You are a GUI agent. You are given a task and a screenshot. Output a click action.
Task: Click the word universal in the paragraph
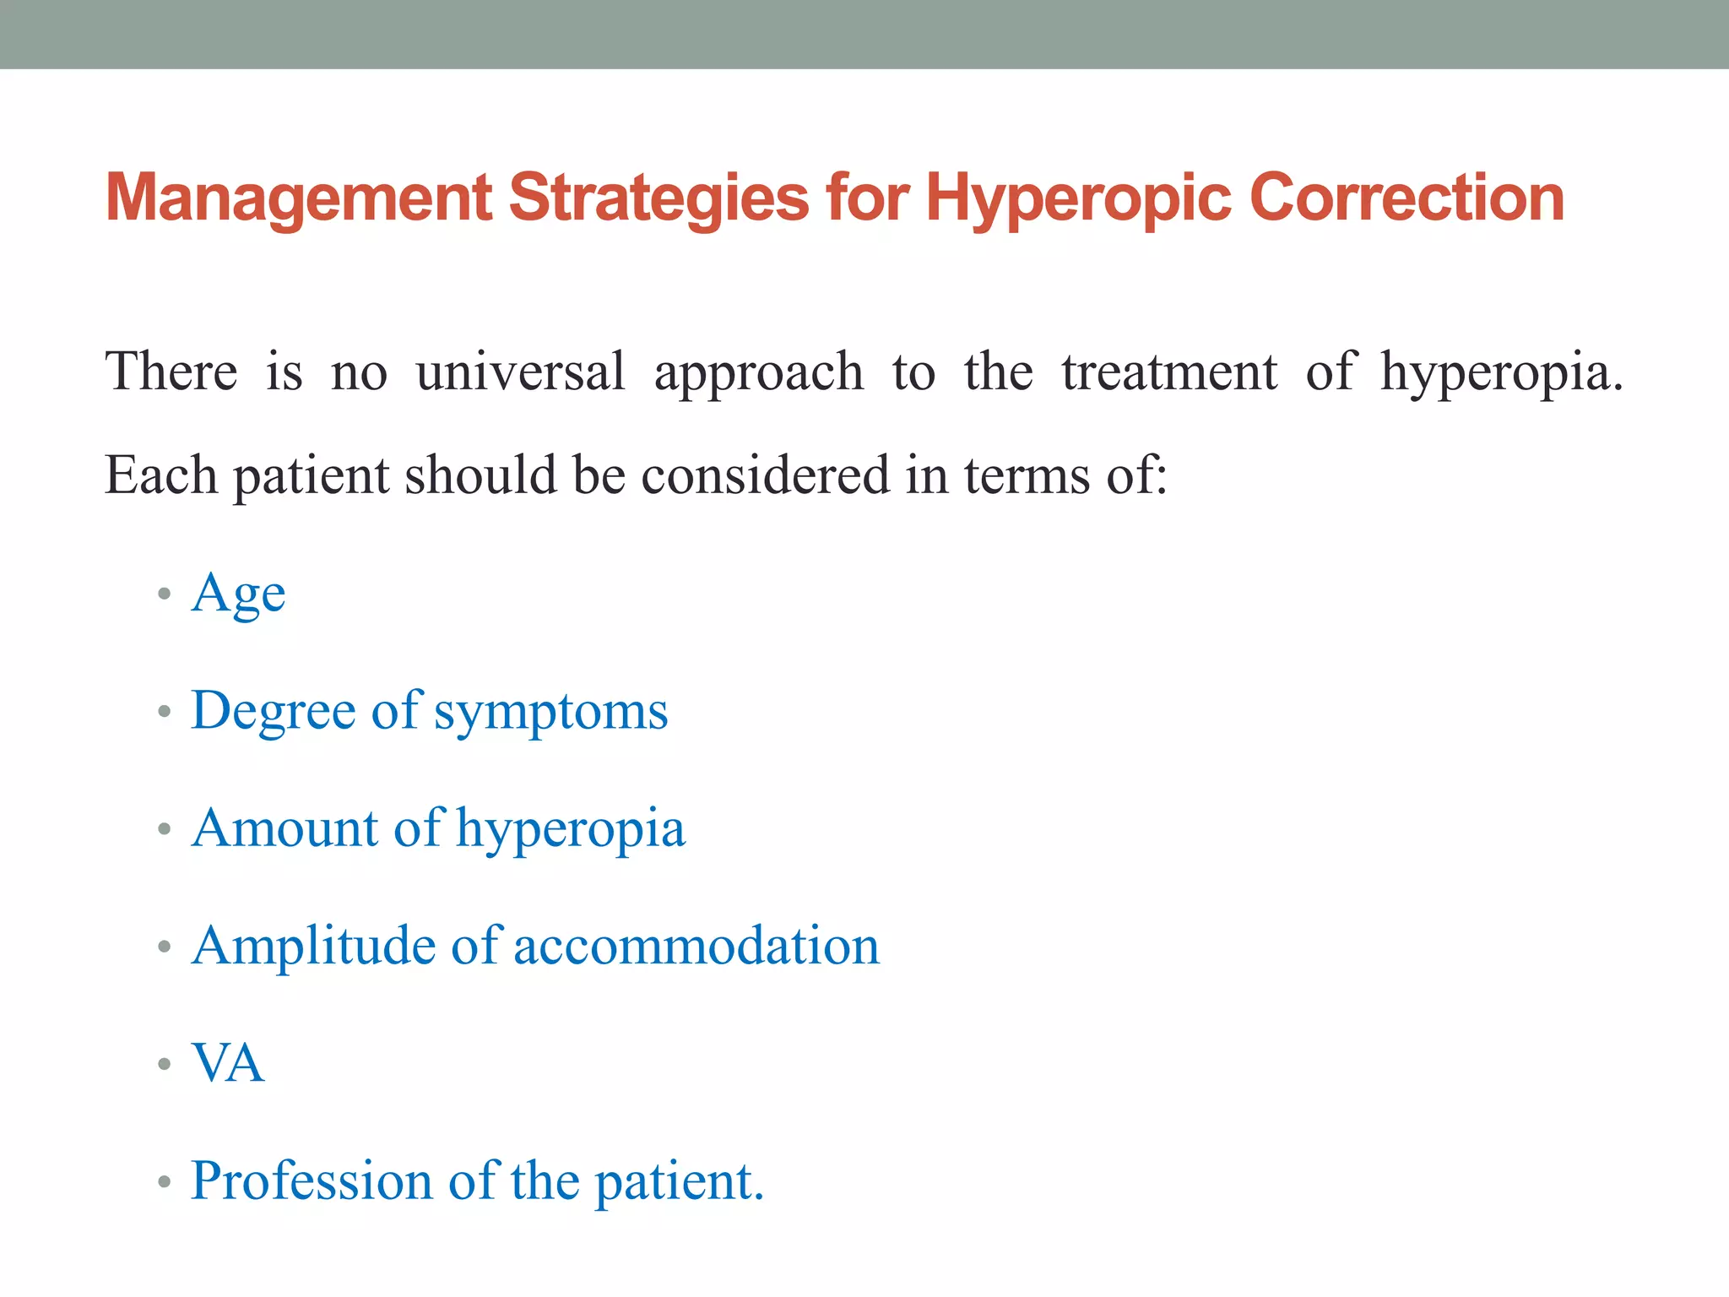pos(521,372)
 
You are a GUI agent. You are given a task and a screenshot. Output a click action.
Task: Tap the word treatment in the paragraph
pos(1169,372)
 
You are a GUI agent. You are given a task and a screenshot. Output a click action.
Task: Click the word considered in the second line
pos(765,475)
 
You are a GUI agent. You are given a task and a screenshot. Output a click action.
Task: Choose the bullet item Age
pos(238,594)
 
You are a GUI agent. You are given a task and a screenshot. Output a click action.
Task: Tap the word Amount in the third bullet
pos(285,828)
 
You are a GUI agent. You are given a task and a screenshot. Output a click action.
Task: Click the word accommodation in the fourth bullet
pos(696,947)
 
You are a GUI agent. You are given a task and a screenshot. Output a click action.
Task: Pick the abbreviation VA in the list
pos(228,1063)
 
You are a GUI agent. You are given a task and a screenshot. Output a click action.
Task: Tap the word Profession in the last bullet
pos(312,1180)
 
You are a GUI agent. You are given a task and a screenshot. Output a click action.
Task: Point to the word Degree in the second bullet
pos(273,712)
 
